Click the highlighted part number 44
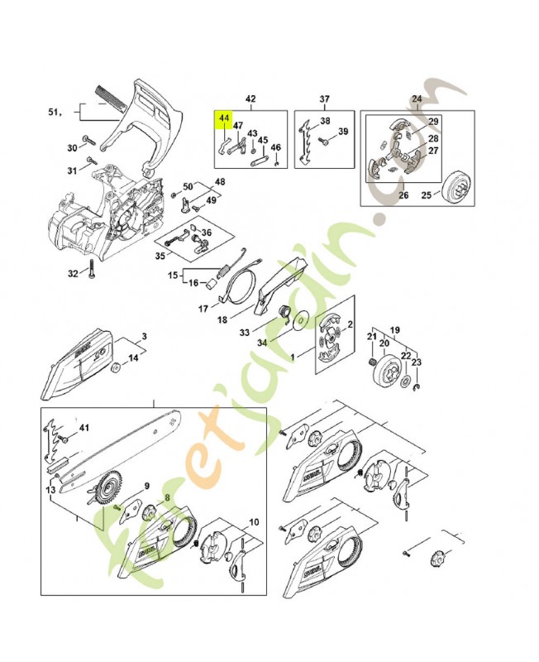(x=223, y=119)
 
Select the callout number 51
(x=55, y=112)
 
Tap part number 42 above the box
(x=250, y=98)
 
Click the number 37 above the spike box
(x=324, y=98)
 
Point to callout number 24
(x=416, y=98)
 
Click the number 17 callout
(x=202, y=309)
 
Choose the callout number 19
(x=395, y=329)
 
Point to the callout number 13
(x=51, y=490)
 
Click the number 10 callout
(x=253, y=521)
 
